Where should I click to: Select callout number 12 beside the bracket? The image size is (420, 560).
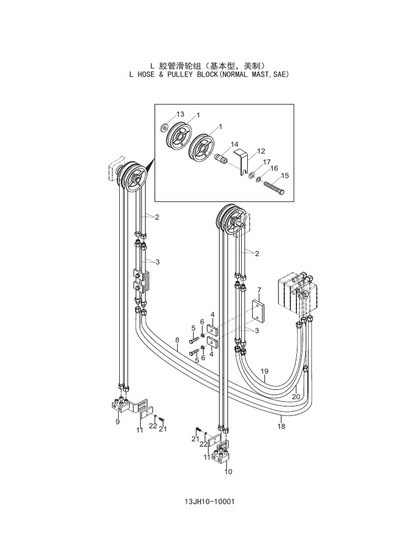tap(261, 151)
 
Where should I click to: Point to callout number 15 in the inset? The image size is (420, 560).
tap(284, 176)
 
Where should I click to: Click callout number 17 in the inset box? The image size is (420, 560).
tap(267, 162)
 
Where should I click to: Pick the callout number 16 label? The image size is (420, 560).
tap(274, 168)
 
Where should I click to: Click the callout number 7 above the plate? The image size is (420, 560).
tap(259, 289)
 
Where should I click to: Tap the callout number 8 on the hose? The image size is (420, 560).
tap(177, 340)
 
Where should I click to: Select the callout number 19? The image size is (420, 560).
tap(265, 371)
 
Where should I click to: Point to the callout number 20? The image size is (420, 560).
tap(296, 396)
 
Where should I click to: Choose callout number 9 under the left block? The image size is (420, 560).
tap(117, 422)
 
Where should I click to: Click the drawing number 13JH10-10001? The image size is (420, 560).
tap(209, 501)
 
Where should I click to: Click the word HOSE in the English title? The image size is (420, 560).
tap(144, 73)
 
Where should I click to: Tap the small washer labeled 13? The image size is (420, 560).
tap(163, 128)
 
